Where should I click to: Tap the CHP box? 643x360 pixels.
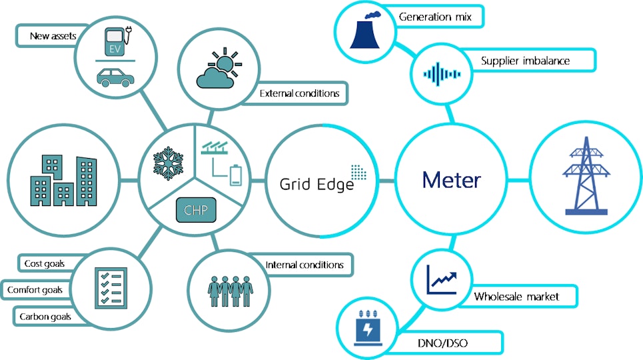(195, 211)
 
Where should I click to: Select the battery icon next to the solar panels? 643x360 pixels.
(237, 175)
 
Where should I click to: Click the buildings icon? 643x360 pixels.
(64, 181)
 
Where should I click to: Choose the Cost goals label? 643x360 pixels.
(44, 263)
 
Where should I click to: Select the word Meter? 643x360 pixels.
(451, 181)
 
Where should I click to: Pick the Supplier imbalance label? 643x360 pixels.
(525, 61)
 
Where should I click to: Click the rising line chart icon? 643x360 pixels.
(442, 278)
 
